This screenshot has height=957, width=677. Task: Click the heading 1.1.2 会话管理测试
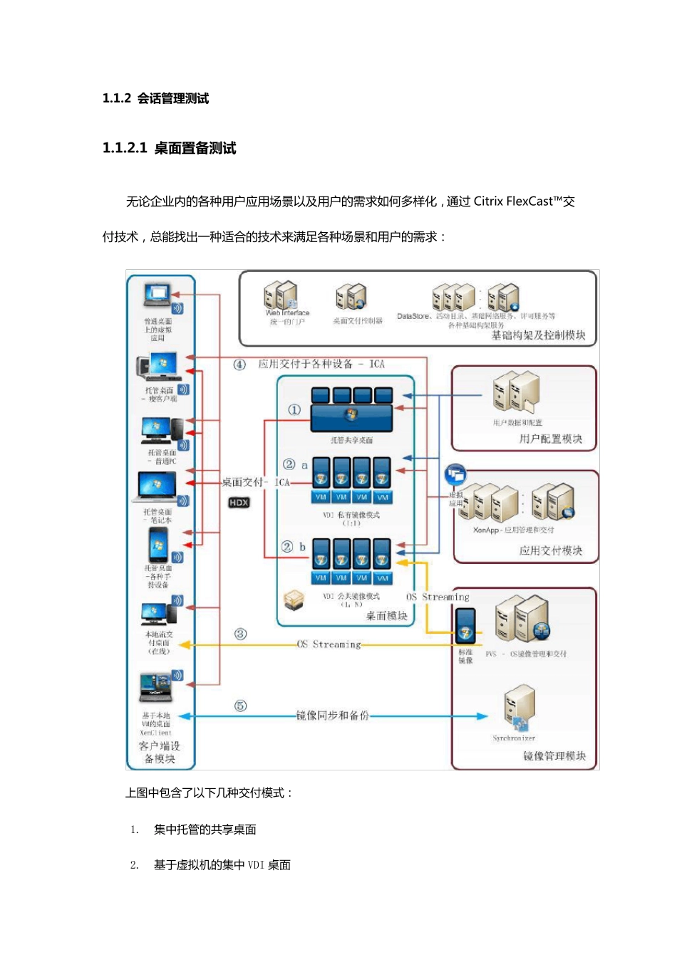tap(155, 98)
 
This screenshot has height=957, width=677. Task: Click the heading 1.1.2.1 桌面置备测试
tap(169, 148)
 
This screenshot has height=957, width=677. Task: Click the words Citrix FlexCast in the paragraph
tap(513, 202)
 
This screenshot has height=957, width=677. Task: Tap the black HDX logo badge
tap(239, 503)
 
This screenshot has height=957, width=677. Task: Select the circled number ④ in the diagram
tap(239, 365)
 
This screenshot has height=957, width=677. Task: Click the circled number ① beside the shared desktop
tap(294, 410)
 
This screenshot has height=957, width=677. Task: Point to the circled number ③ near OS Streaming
tap(241, 634)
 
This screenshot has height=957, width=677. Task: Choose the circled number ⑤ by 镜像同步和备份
tap(241, 706)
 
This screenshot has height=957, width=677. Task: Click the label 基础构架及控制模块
tap(538, 335)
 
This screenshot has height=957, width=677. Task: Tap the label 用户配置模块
tap(550, 439)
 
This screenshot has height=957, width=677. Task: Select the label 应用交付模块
tap(550, 550)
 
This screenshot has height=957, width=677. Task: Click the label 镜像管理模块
tap(554, 755)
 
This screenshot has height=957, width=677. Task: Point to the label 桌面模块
tap(386, 616)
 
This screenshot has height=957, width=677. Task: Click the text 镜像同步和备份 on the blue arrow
tap(333, 715)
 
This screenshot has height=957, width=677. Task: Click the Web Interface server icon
tap(280, 295)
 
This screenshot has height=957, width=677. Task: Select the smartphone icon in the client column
tap(157, 547)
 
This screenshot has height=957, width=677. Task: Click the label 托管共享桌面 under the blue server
tap(351, 440)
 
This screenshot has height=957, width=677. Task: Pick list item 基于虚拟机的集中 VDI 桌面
tap(222, 865)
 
